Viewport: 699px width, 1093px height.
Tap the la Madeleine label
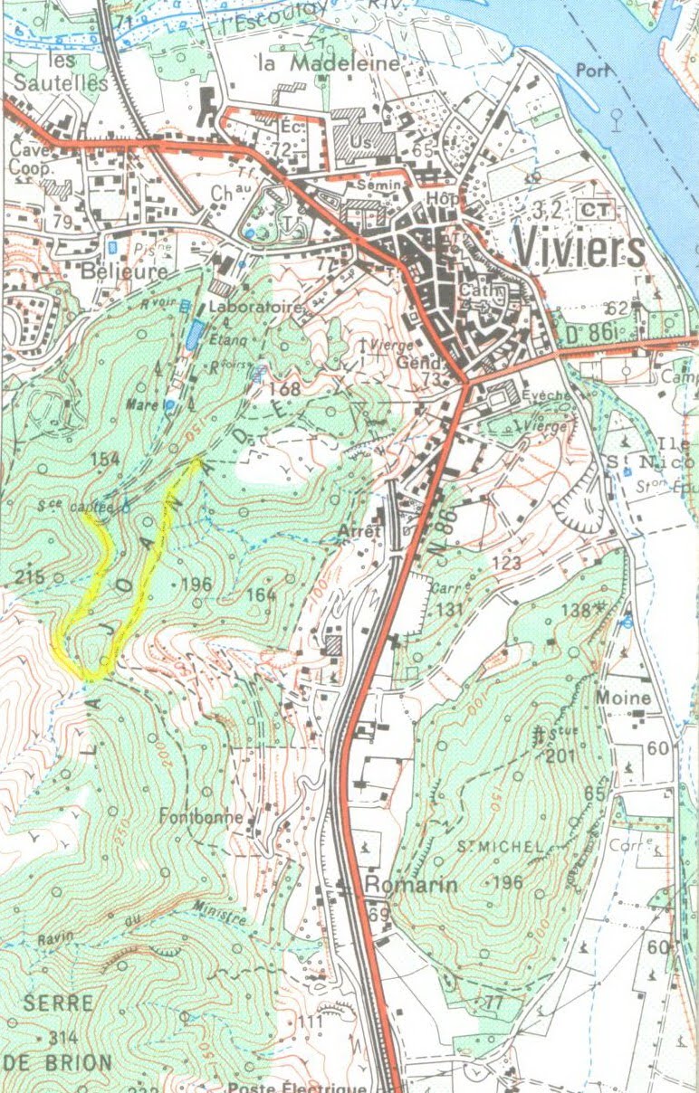(329, 63)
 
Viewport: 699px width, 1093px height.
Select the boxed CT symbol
(594, 210)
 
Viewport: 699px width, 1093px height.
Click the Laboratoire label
(254, 308)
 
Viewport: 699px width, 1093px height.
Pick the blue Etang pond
(194, 335)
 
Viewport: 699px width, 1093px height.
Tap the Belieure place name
(123, 271)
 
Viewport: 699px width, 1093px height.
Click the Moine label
(623, 698)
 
